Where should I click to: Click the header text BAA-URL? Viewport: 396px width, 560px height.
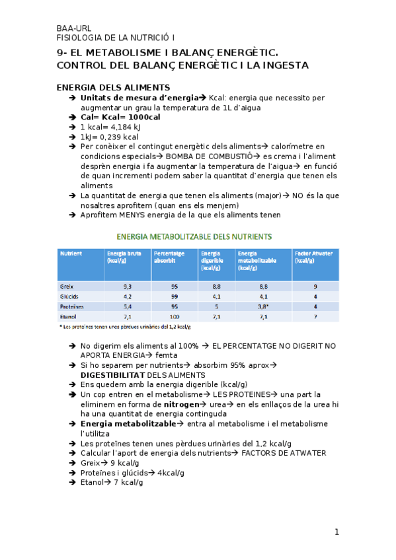[74, 28]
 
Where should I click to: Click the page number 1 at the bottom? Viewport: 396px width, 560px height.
[337, 532]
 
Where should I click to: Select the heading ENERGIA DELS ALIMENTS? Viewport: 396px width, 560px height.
[113, 87]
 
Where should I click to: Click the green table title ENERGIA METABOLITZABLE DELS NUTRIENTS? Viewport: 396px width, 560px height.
[194, 236]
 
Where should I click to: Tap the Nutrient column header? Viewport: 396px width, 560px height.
[71, 254]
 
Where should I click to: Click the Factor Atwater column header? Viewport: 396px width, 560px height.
[314, 257]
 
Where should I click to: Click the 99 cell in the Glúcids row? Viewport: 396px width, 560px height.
[175, 297]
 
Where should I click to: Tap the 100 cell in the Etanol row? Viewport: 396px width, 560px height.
[175, 316]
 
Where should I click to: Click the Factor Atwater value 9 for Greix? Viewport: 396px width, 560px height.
[315, 287]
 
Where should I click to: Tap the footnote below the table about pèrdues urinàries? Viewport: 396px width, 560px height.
[125, 326]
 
